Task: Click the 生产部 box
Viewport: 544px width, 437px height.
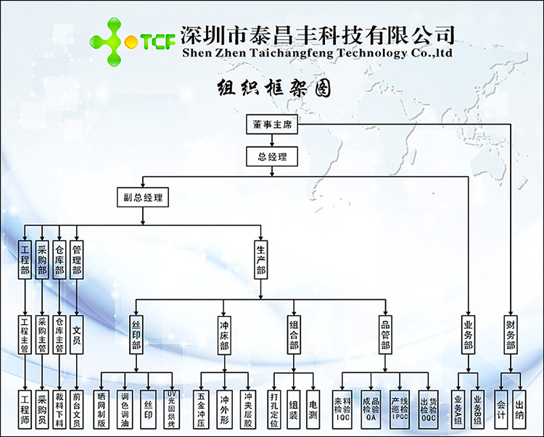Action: [261, 259]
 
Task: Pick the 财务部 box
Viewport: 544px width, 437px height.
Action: [510, 334]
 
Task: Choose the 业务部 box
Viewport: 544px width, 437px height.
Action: [468, 334]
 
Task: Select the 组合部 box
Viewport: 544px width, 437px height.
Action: [294, 334]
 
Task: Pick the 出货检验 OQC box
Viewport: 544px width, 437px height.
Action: [428, 404]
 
